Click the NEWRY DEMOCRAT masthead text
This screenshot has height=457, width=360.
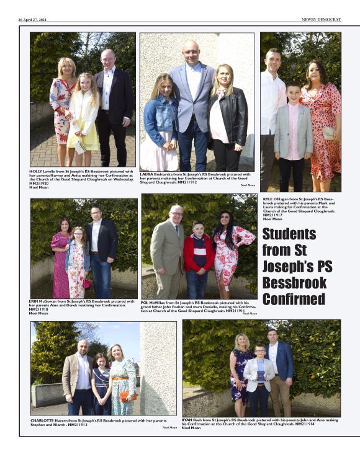pos(321,19)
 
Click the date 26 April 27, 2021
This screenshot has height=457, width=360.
pos(34,19)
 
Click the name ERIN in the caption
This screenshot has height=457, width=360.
pos(35,301)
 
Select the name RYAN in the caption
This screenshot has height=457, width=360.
pos(189,420)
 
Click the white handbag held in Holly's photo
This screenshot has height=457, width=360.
pos(79,146)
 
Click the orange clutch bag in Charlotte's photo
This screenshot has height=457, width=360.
pos(126,396)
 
